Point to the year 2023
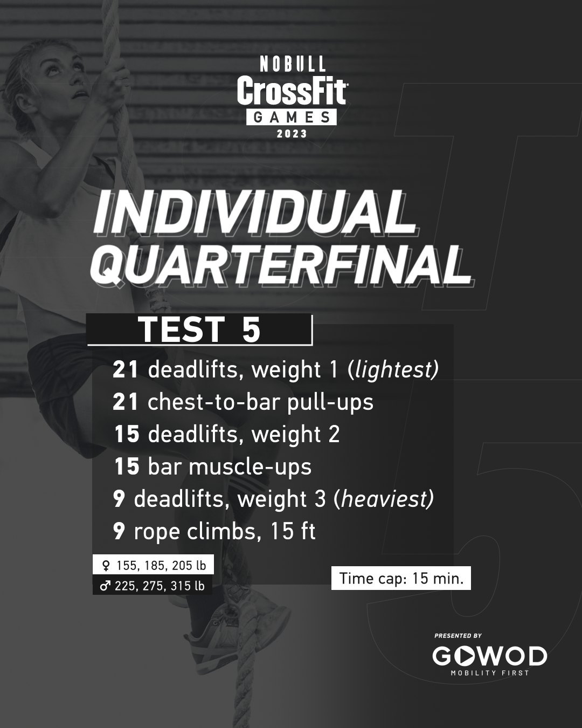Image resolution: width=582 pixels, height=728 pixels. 292,134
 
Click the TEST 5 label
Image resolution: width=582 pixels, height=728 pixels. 199,330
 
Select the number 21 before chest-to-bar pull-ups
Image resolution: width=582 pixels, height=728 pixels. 126,402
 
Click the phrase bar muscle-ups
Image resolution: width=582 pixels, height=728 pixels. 230,466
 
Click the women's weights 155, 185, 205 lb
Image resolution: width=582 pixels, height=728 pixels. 154,566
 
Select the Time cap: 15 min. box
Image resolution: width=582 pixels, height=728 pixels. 401,579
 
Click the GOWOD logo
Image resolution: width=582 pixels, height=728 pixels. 489,656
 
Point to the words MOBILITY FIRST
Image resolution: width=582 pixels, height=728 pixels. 490,673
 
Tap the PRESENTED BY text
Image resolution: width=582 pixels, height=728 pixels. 458,636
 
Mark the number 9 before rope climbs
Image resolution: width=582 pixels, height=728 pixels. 119,532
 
